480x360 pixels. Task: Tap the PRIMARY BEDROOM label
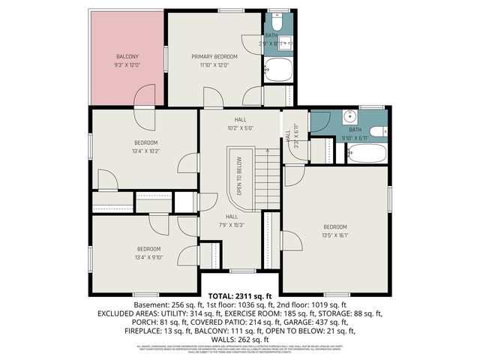214,56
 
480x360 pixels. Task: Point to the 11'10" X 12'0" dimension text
214,65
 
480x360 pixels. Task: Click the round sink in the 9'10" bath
349,117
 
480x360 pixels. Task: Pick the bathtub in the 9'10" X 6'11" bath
367,154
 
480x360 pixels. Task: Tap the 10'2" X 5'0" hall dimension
240,127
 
